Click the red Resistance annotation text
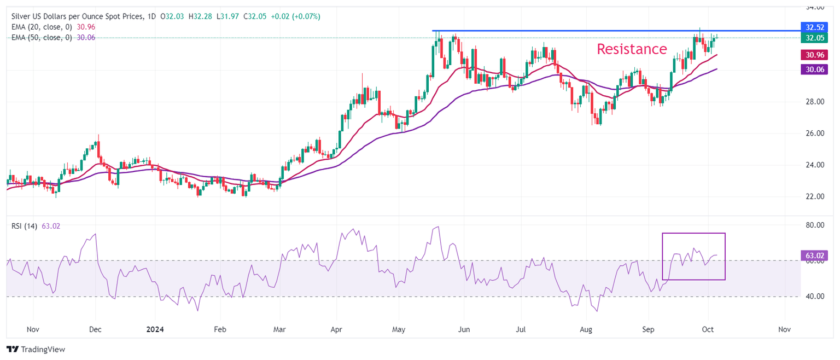(632, 49)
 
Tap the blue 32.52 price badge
(812, 27)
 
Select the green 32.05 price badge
(812, 38)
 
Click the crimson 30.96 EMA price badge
(812, 55)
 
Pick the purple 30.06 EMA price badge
(812, 69)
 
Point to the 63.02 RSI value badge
(812, 255)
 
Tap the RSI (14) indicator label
(24, 226)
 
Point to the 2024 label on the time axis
(155, 330)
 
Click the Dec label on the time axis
(95, 330)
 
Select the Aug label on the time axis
(586, 330)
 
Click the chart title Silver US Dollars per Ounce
(77, 16)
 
